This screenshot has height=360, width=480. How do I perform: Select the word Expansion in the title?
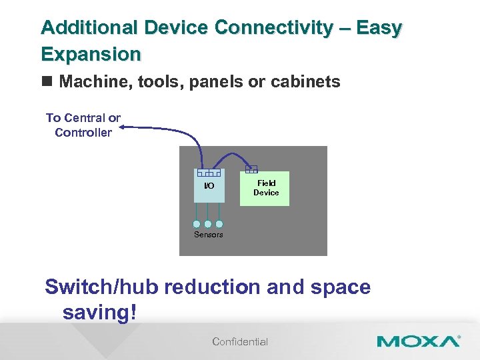pos(91,53)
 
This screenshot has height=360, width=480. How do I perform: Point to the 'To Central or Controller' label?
pos(83,125)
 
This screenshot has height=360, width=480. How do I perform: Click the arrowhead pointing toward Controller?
pos(126,125)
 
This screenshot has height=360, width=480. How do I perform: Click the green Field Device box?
pos(265,188)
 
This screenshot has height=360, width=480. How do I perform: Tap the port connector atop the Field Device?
pos(251,169)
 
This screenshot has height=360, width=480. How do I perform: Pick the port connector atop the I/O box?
pos(209,173)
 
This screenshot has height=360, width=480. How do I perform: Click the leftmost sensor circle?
pos(197,225)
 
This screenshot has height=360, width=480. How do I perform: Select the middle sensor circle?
pos(208,225)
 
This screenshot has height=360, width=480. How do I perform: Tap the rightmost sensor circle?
pos(219,225)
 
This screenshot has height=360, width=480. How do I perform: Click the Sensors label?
pos(208,235)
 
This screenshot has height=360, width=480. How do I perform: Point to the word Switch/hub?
pos(101,287)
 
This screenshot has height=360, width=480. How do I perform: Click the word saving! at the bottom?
pos(99,312)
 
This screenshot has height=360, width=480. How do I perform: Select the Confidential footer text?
pos(240,342)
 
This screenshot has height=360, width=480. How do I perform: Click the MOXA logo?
pos(418,342)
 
